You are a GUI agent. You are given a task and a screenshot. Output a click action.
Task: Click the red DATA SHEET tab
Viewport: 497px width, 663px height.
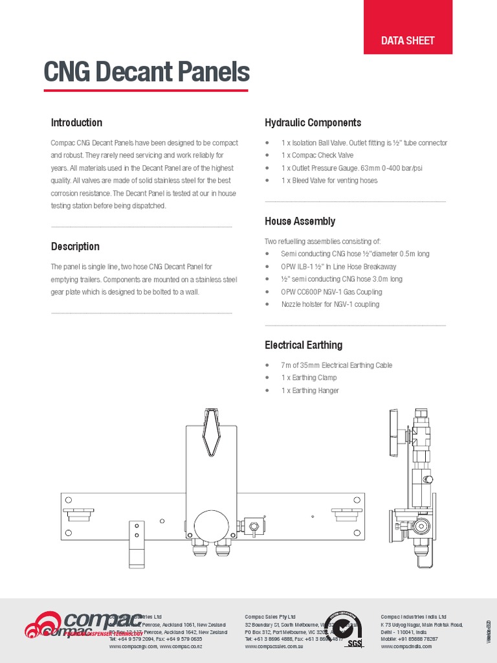point(408,40)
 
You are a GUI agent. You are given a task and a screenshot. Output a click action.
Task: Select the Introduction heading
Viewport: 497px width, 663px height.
point(76,122)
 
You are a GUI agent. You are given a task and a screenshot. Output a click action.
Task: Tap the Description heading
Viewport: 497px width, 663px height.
point(75,246)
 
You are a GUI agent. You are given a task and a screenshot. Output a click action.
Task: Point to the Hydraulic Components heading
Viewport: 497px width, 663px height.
point(313,122)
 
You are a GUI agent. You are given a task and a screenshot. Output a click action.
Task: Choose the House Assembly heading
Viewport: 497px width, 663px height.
point(300,221)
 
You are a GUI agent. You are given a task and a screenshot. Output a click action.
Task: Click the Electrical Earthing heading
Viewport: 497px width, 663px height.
point(304,345)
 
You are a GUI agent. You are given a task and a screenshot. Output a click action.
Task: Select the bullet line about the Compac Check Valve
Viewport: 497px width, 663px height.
point(317,155)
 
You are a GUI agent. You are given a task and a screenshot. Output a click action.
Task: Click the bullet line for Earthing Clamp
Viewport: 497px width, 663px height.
point(309,377)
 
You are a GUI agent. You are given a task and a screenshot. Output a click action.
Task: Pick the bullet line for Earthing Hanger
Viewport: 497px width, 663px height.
point(310,390)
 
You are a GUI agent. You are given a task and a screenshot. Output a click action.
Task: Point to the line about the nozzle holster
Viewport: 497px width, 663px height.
point(330,304)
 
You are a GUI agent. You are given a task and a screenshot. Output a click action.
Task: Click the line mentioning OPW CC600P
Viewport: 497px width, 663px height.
point(331,292)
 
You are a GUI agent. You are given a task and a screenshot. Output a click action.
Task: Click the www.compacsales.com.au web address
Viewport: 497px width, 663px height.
point(274,646)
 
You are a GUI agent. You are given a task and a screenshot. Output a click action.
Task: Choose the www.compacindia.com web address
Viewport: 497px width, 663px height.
point(406,646)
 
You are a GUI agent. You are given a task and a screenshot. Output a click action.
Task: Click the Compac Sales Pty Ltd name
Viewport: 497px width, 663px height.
point(270,616)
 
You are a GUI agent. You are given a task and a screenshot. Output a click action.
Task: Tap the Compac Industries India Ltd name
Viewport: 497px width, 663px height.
point(413,616)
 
